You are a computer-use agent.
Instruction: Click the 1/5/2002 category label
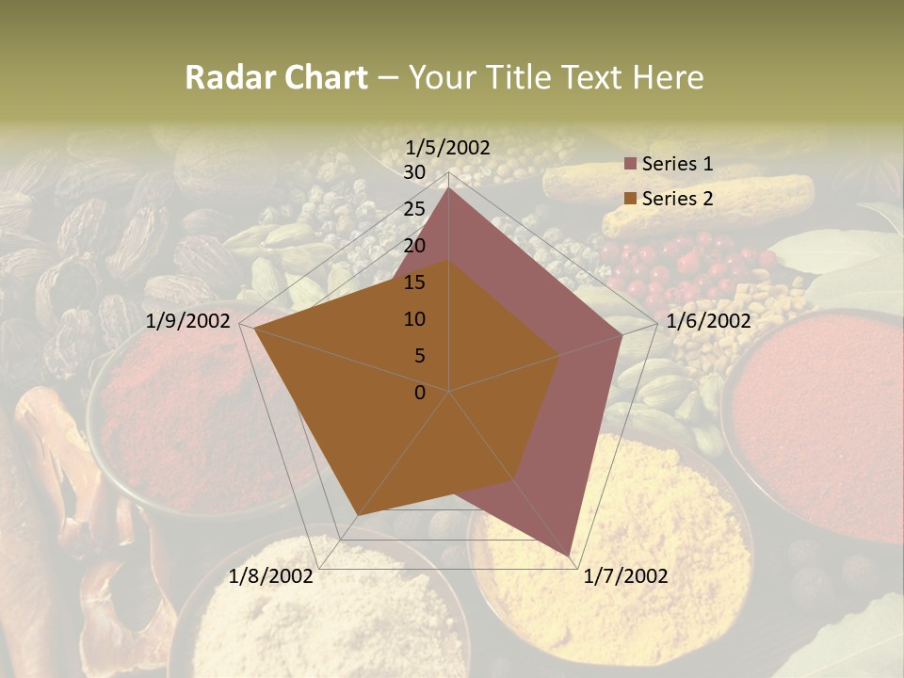coord(448,147)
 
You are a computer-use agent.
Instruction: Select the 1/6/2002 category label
coord(708,321)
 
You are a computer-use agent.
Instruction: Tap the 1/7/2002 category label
coord(625,576)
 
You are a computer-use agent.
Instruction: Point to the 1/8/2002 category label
coord(271,576)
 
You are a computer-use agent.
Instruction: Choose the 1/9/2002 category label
coord(188,321)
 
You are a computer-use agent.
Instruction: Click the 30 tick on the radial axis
coord(414,172)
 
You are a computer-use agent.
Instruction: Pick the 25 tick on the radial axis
coord(414,209)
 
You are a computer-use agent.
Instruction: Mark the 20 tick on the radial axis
coord(414,246)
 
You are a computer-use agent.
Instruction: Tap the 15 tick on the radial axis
coord(414,282)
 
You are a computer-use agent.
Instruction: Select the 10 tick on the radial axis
coord(414,319)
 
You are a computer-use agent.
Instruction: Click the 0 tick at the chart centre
coord(420,393)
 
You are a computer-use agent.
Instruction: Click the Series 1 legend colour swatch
coord(631,164)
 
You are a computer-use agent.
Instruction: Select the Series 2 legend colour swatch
coord(631,199)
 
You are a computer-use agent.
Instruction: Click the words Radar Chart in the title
coord(276,77)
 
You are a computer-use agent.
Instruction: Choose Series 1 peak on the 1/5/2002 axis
coord(449,188)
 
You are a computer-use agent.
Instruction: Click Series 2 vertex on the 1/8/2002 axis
coord(356,515)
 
